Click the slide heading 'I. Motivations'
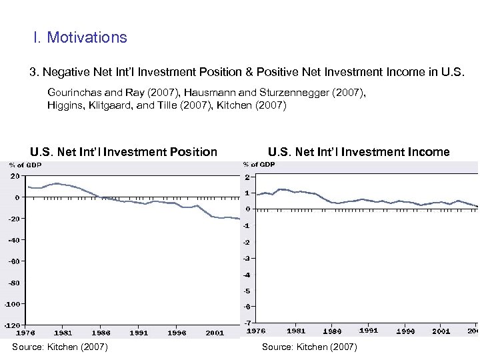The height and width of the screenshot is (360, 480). pos(80,37)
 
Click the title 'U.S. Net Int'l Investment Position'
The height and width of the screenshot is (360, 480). pos(123,152)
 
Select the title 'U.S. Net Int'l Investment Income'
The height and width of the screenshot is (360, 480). pos(359,152)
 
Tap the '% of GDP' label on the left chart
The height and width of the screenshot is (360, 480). pos(25,165)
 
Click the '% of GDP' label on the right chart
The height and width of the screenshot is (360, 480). pos(259,165)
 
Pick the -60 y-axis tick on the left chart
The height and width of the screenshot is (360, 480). pos(13,261)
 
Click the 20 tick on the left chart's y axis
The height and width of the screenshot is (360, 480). pos(14,177)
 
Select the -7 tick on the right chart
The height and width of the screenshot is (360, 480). pos(247,323)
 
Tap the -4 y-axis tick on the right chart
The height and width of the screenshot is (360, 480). pos(247,275)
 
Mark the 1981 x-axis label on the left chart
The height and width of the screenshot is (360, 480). pos(63,332)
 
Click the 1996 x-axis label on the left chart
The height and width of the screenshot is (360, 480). pos(177,332)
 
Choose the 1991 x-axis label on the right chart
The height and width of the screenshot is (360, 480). pos(369,330)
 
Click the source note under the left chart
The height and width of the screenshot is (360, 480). pos(60,347)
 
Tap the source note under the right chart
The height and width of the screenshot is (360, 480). pos(309,347)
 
